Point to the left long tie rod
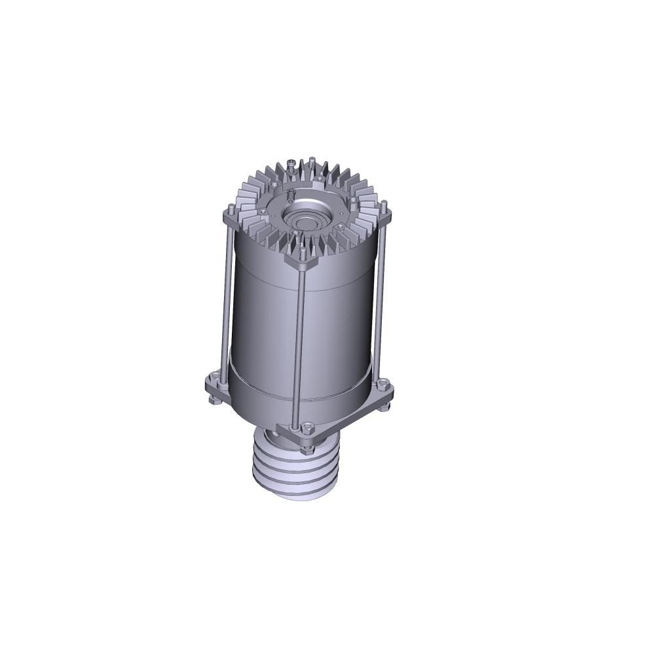(225, 295)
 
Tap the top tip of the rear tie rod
(312, 159)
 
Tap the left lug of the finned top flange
(230, 210)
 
